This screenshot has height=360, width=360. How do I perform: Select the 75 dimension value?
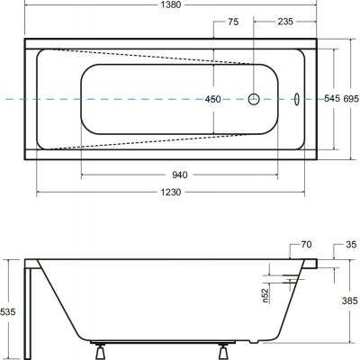click(x=233, y=22)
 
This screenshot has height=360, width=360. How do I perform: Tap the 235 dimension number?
click(x=284, y=22)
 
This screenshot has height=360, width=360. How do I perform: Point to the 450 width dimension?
click(x=212, y=99)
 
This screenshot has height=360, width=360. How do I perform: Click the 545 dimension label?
click(x=332, y=98)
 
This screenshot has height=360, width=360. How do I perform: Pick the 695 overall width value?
click(x=351, y=98)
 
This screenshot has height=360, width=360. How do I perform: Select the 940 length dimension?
click(x=180, y=175)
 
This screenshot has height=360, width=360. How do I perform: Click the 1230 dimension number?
click(x=170, y=192)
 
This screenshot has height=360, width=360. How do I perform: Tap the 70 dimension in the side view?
click(x=306, y=245)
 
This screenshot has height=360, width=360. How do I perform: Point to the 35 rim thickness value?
click(x=351, y=245)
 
